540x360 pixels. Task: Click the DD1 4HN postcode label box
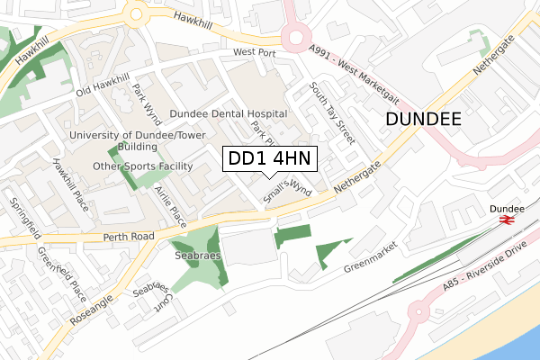click(x=268, y=159)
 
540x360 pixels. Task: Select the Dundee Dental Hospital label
click(x=229, y=114)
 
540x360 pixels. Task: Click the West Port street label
click(x=254, y=53)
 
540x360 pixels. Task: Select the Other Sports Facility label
click(x=144, y=166)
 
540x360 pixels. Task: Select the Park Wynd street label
click(x=146, y=104)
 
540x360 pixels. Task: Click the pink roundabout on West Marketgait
click(x=294, y=38)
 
